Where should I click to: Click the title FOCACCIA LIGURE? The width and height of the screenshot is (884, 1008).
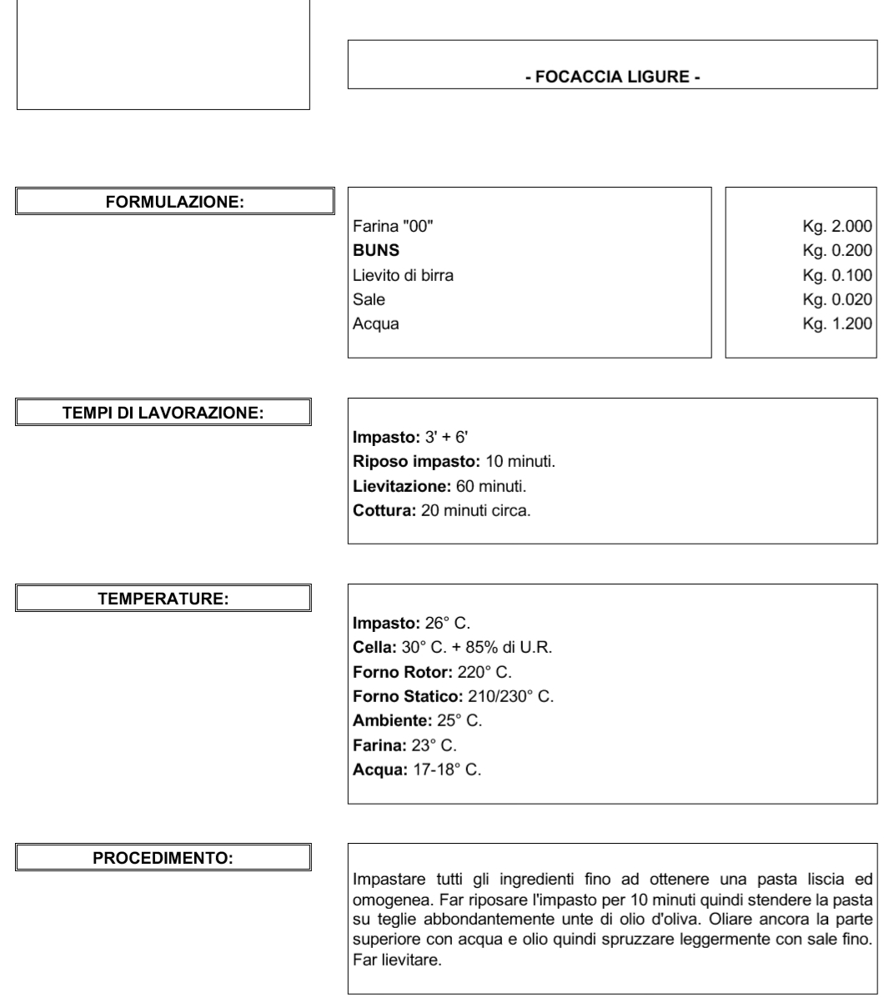[x=613, y=78]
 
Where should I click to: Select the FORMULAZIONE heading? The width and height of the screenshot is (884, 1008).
[x=175, y=201]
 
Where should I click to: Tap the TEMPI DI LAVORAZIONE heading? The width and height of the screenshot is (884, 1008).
[x=164, y=412]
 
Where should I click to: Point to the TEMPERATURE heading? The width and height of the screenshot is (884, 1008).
[x=164, y=597]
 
